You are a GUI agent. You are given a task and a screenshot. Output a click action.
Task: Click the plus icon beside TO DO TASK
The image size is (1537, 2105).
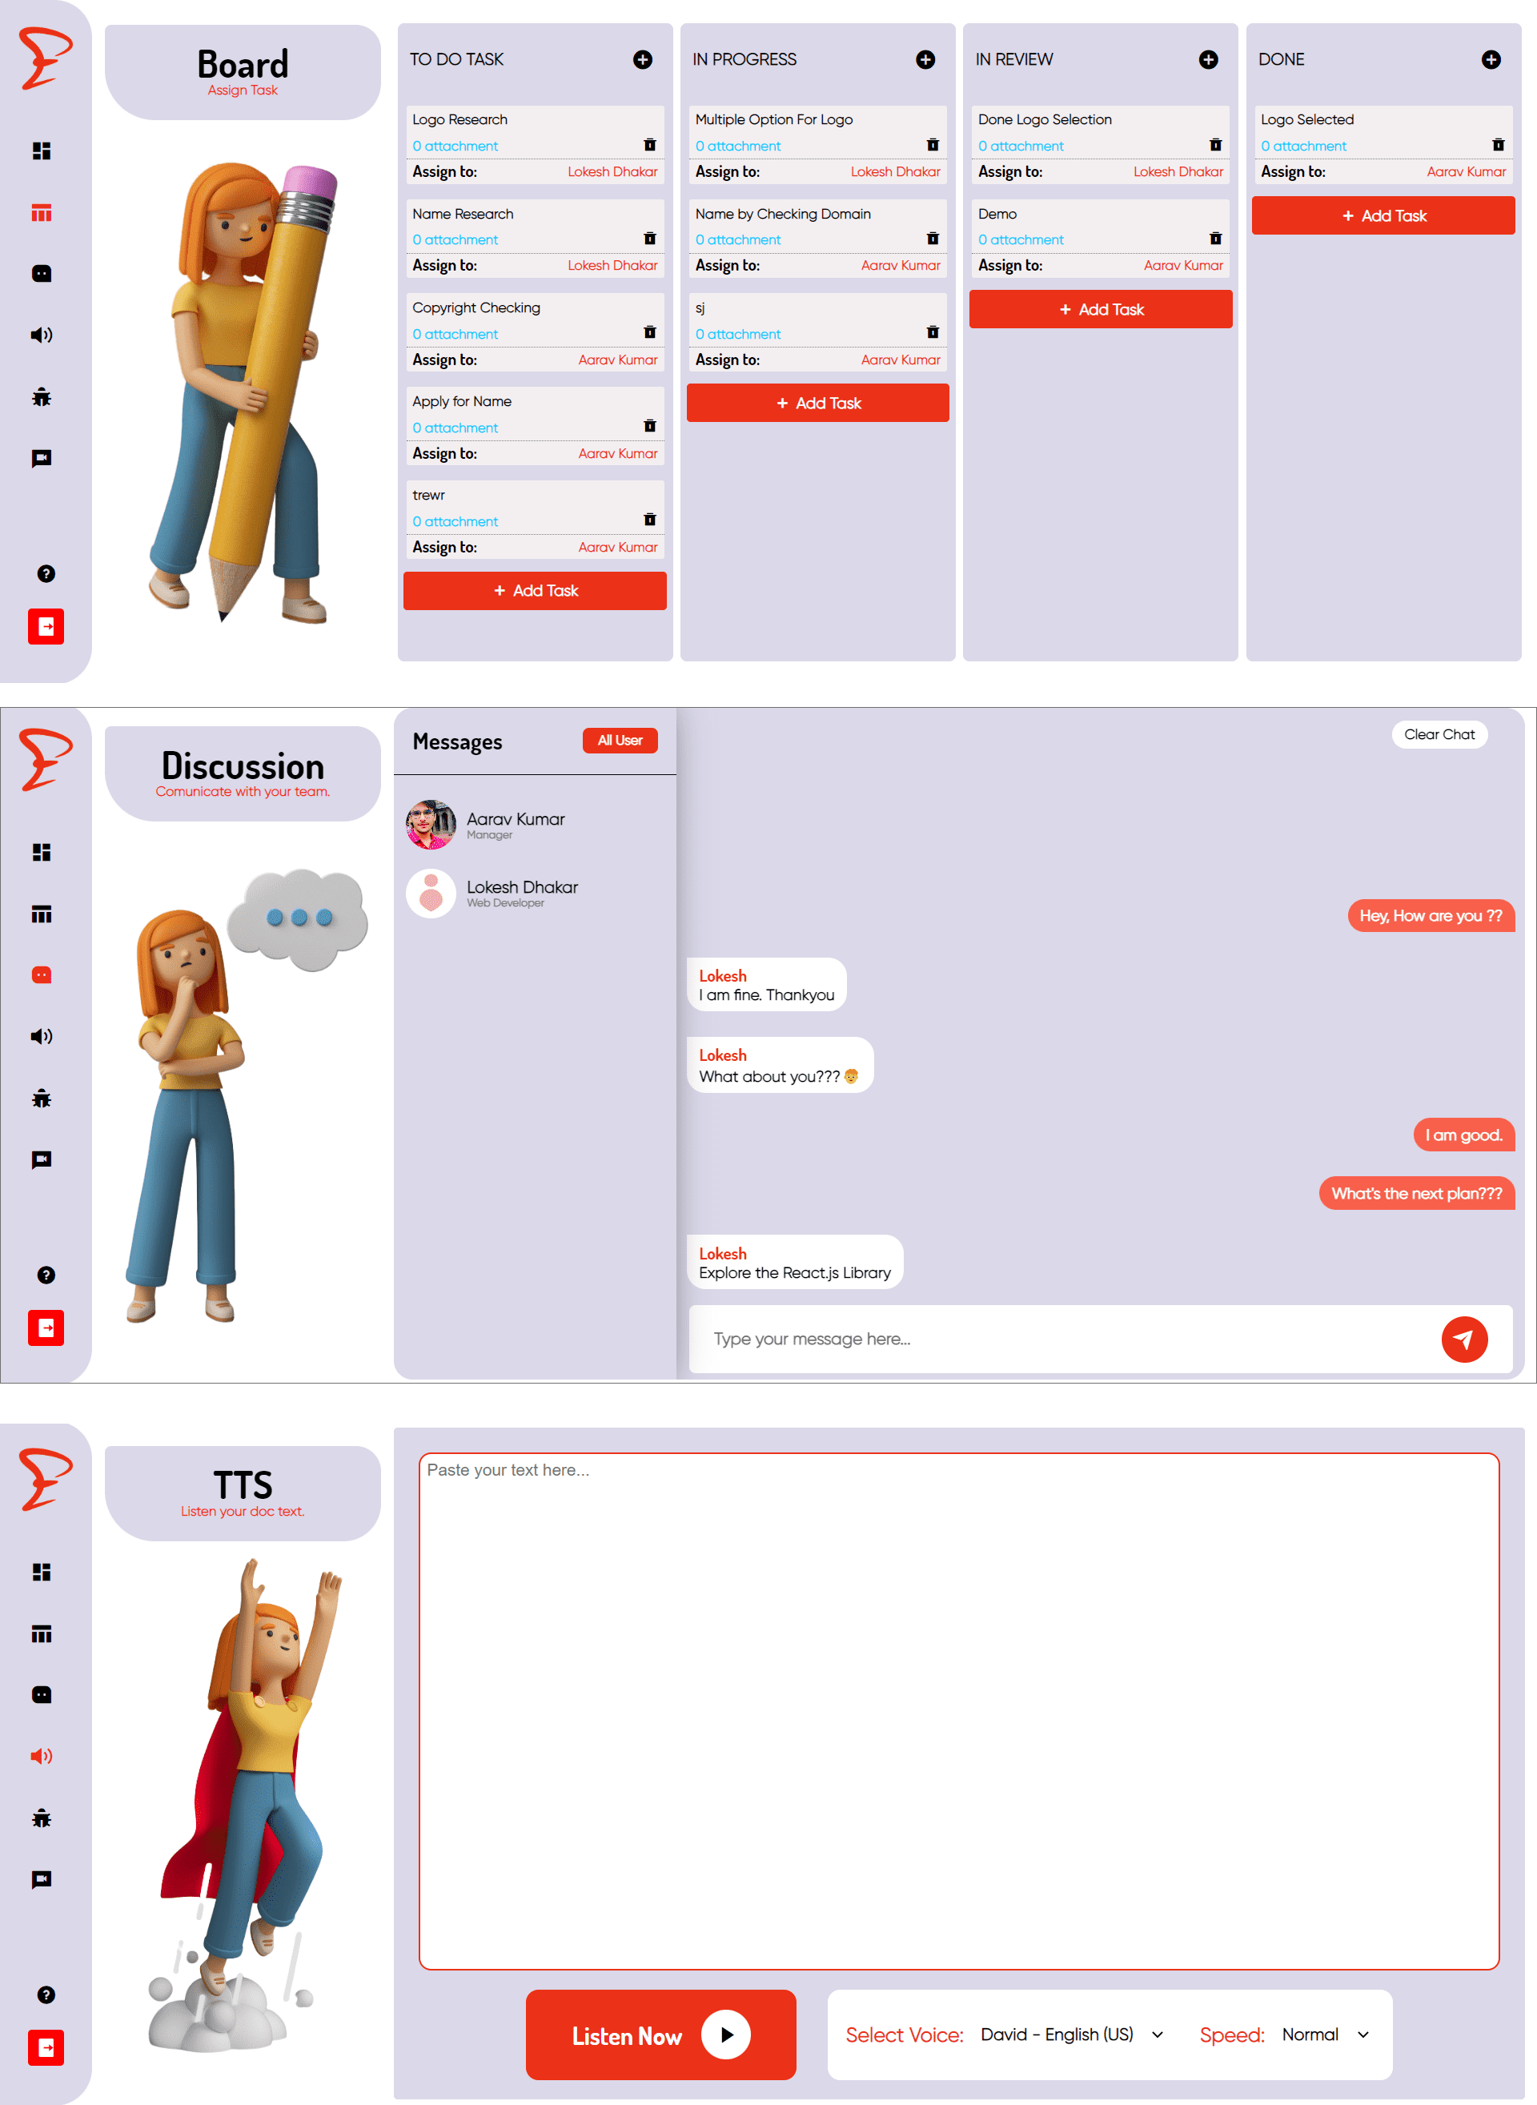[x=642, y=59]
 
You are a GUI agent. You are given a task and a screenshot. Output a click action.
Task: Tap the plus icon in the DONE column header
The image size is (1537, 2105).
[x=1491, y=59]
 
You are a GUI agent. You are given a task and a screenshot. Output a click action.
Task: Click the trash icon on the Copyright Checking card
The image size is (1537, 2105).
[x=649, y=332]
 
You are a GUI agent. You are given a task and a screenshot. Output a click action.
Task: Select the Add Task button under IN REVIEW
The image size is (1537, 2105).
[x=1101, y=309]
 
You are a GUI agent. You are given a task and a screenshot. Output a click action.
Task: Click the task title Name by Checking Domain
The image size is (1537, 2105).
[x=782, y=214]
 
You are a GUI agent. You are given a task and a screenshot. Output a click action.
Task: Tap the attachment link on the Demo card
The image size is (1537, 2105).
[x=1021, y=240]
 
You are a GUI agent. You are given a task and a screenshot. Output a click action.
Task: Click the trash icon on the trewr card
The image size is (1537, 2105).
[x=649, y=520]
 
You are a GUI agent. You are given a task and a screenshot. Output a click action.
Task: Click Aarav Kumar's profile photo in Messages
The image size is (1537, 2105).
[x=431, y=825]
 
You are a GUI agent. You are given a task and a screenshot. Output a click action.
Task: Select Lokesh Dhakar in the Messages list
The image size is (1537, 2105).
[x=522, y=888]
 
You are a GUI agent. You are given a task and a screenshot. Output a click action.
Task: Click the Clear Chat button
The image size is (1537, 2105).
[x=1439, y=734]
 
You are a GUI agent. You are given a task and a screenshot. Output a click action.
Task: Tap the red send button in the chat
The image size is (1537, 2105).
[x=1464, y=1339]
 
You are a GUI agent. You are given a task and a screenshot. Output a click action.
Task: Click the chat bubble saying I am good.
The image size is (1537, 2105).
[x=1463, y=1135]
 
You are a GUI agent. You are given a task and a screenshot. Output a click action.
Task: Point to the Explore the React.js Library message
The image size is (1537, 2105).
[x=795, y=1263]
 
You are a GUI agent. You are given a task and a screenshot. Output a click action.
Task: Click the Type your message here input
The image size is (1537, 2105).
[x=1061, y=1339]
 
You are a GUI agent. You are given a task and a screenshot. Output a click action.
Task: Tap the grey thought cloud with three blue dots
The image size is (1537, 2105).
[x=299, y=918]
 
